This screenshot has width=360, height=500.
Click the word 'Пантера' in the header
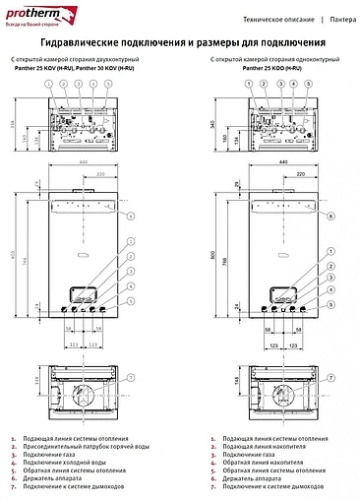point(343,18)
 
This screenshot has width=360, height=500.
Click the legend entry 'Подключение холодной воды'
point(62,463)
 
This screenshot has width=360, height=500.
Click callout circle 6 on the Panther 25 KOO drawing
point(331,216)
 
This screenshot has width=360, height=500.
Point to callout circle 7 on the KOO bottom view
point(331,378)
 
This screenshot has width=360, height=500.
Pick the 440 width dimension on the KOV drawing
point(85,162)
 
